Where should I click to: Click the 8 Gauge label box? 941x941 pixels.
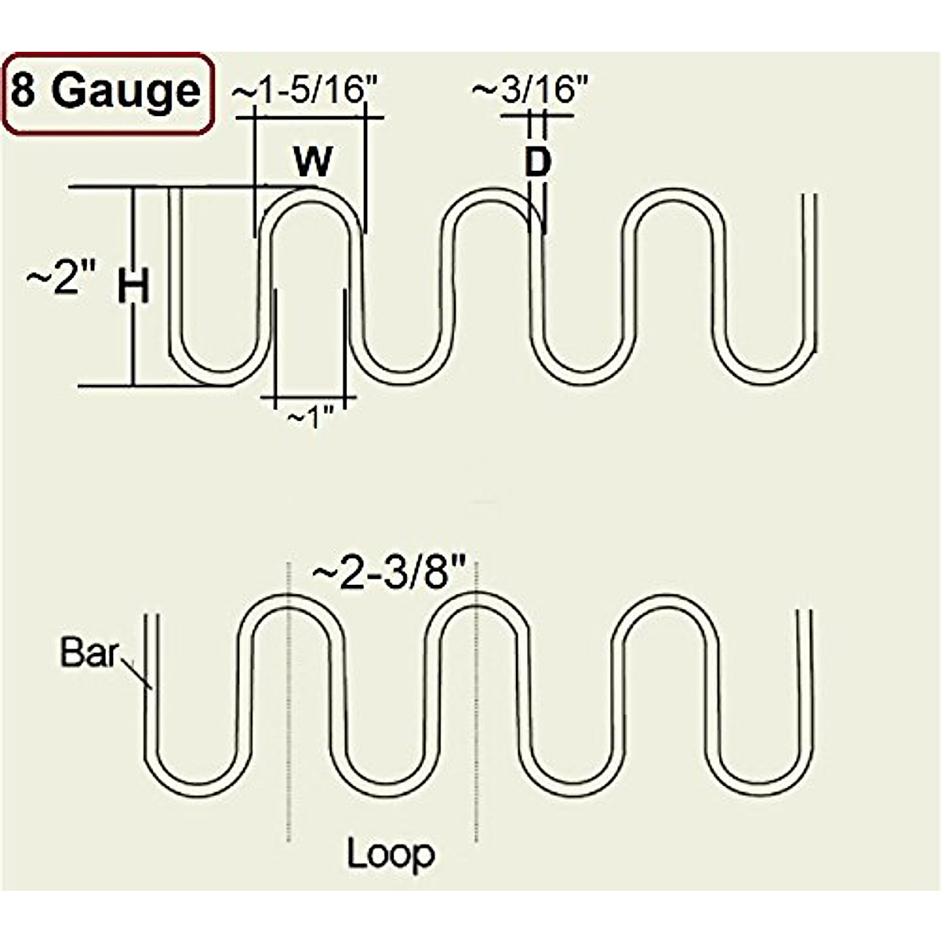pos(107,93)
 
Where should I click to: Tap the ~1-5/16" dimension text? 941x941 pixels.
pos(305,91)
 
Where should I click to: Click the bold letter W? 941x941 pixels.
pos(313,162)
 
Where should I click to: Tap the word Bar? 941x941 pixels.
pos(89,652)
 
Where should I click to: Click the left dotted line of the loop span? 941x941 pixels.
pos(291,706)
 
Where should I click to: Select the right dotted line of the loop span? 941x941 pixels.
pos(475,706)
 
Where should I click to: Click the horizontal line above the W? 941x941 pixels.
pos(310,118)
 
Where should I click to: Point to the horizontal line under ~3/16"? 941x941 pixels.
pos(537,116)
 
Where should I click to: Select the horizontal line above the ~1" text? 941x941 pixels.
pos(310,398)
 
